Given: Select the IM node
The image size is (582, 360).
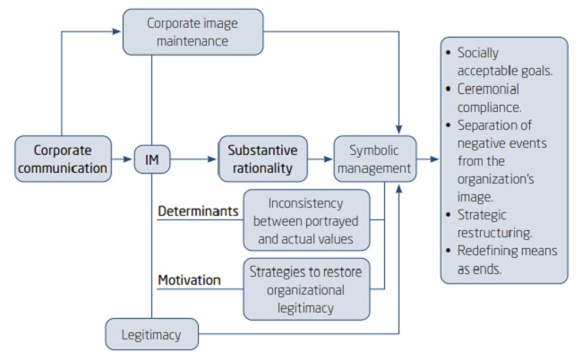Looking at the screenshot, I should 151,160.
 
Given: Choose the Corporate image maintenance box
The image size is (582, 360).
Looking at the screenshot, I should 193,31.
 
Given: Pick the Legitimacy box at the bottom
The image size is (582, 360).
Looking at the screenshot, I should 151,335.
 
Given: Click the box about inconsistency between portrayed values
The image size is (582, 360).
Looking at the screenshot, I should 305,219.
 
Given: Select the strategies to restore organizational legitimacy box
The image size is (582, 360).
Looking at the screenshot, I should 305,288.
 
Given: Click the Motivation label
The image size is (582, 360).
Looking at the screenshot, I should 189,280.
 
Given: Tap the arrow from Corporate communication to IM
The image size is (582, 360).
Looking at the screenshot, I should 124,160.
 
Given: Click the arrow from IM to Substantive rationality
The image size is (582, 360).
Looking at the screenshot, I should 193,160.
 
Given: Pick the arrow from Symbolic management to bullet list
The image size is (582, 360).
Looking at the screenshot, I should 428,160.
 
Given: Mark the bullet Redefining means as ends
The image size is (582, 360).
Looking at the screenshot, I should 502,259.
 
